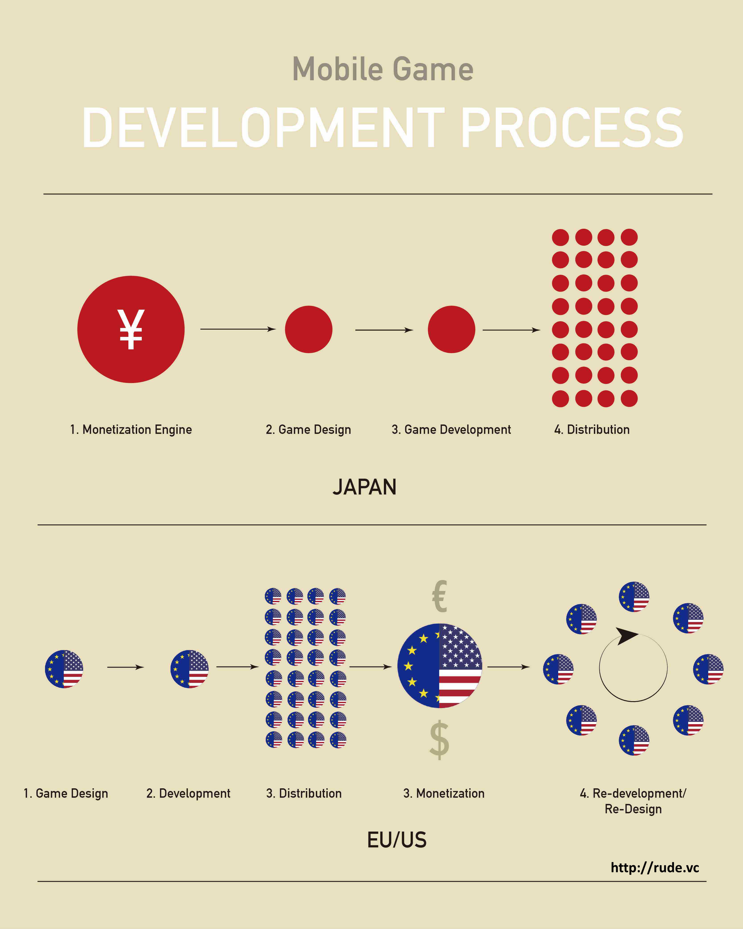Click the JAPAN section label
tap(364, 487)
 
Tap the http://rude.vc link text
tap(655, 867)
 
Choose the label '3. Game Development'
tap(451, 430)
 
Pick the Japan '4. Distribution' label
tap(592, 430)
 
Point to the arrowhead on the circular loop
tap(626, 636)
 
